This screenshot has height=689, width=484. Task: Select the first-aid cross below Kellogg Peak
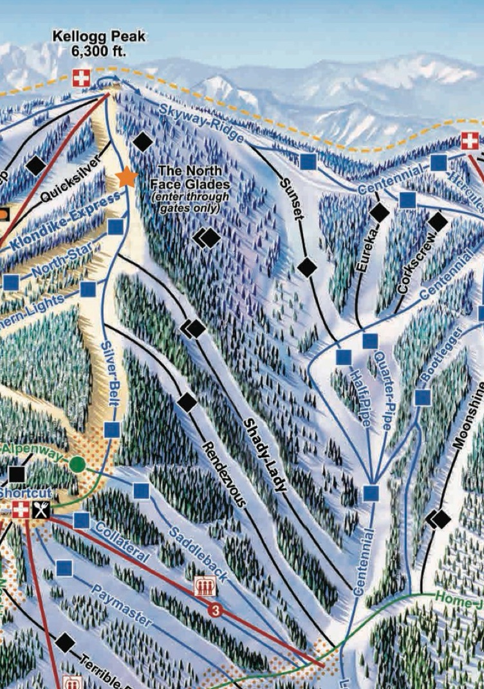click(x=80, y=78)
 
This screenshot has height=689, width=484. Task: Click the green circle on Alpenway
click(x=77, y=463)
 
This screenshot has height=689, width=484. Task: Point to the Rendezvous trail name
click(x=224, y=474)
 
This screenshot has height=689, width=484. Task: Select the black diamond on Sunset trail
click(x=307, y=267)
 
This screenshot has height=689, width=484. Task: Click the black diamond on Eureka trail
click(x=379, y=211)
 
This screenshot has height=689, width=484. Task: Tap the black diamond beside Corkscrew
click(x=438, y=222)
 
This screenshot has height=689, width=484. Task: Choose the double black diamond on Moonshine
click(x=439, y=518)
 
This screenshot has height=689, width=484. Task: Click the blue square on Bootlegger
click(x=422, y=397)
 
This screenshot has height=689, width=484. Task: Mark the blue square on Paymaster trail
click(x=64, y=568)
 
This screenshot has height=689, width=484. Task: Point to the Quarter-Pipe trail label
click(x=380, y=392)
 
